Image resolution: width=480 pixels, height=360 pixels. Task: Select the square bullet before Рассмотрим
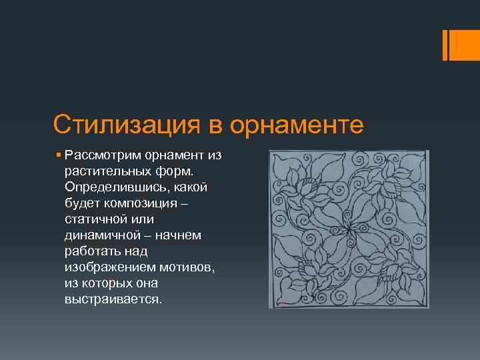(x=59, y=155)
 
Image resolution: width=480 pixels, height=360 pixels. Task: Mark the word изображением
(x=110, y=267)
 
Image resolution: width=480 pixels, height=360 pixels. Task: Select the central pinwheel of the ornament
(x=348, y=229)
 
